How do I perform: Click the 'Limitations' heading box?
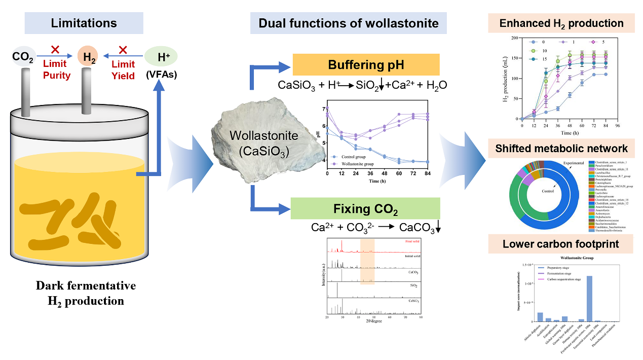84,23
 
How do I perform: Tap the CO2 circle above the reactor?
23,58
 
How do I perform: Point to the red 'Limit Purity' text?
56,70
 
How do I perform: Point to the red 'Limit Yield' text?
124,70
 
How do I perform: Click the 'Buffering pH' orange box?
366,65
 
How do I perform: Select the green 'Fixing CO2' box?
365,208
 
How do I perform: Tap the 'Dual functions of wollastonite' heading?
349,23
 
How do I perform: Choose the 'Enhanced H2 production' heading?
561,23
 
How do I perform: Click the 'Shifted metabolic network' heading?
561,149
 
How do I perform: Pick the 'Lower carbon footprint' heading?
561,244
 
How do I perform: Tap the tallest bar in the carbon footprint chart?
589,299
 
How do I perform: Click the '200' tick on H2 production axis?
515,38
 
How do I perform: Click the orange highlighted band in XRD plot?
367,261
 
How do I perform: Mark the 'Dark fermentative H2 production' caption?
86,293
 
